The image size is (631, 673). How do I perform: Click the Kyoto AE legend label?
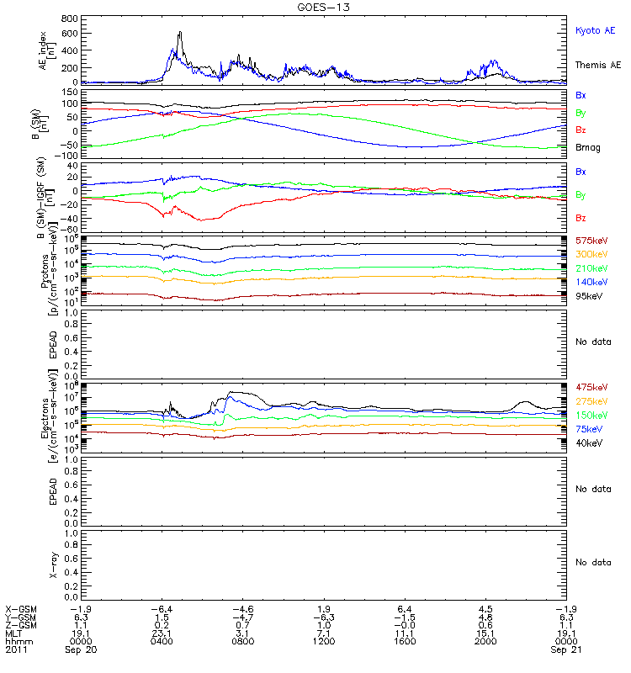pyautogui.click(x=596, y=30)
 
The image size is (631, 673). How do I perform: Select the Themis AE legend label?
pyautogui.click(x=597, y=65)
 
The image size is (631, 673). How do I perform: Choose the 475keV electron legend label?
pyautogui.click(x=590, y=387)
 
